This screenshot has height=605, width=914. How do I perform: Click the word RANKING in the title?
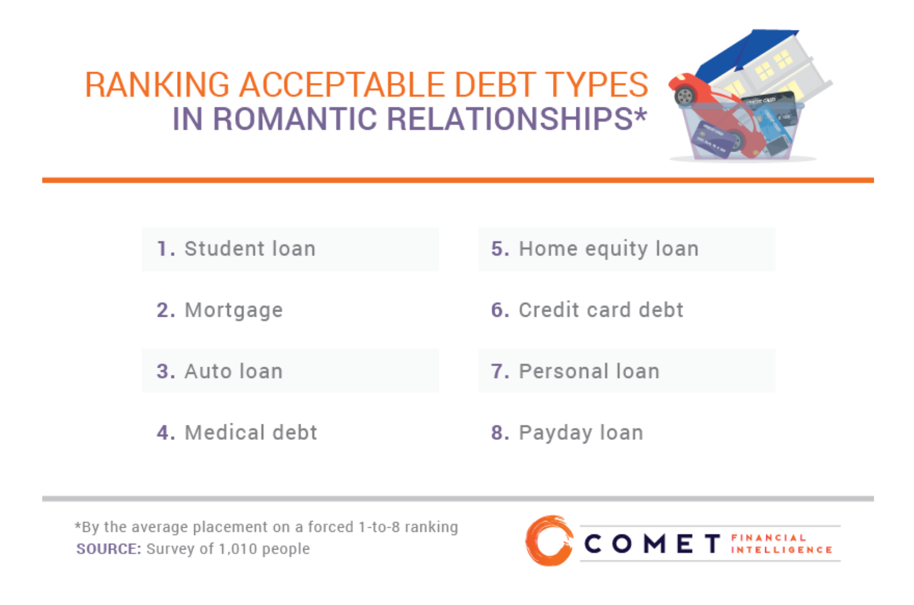(x=157, y=85)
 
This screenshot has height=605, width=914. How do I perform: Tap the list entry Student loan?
(x=250, y=249)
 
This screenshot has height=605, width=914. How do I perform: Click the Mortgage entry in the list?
(x=234, y=310)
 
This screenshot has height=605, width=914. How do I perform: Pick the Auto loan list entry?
(x=233, y=371)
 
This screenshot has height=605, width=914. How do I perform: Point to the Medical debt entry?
(x=251, y=432)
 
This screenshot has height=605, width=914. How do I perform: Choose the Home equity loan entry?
(x=608, y=249)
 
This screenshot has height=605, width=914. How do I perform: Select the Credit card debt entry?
(x=601, y=310)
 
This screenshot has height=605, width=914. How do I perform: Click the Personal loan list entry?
(x=589, y=371)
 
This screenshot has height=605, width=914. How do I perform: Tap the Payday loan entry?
(x=581, y=432)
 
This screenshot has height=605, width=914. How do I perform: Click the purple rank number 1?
(x=165, y=249)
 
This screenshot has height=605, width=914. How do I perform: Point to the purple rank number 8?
(x=500, y=432)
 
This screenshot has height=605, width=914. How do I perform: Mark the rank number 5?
(x=500, y=249)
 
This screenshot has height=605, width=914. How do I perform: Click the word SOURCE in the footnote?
(x=108, y=549)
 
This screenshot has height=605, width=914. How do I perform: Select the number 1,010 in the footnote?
(x=238, y=549)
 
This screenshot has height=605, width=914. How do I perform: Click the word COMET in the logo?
(x=652, y=544)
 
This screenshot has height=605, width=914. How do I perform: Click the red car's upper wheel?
(x=685, y=95)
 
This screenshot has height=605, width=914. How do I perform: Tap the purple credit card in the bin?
(x=712, y=141)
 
